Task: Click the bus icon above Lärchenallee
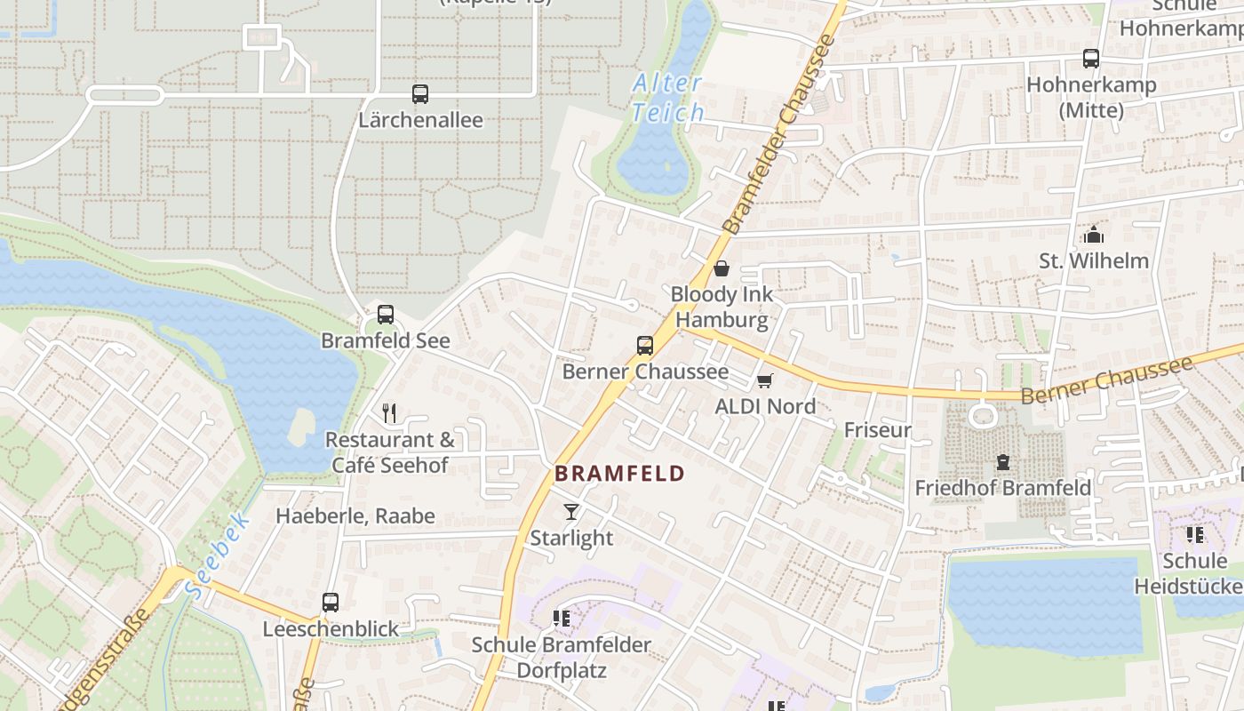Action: tap(420, 93)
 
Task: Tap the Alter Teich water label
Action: tap(666, 98)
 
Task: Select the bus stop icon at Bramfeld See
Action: tap(386, 314)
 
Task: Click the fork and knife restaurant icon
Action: tap(388, 412)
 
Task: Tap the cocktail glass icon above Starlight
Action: tap(570, 512)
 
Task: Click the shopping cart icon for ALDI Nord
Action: tap(764, 380)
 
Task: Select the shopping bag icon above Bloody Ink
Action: tap(722, 268)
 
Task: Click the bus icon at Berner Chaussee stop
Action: tap(645, 346)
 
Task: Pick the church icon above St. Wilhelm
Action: tap(1094, 235)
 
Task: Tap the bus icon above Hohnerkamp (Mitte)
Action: tap(1091, 59)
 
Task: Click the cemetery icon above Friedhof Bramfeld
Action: tap(1003, 462)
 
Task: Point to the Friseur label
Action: tap(878, 430)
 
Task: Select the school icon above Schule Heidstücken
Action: tap(1195, 535)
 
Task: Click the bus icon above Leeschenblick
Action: tap(331, 602)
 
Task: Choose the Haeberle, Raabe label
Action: tap(355, 515)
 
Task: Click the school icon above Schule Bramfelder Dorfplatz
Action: tap(561, 618)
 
